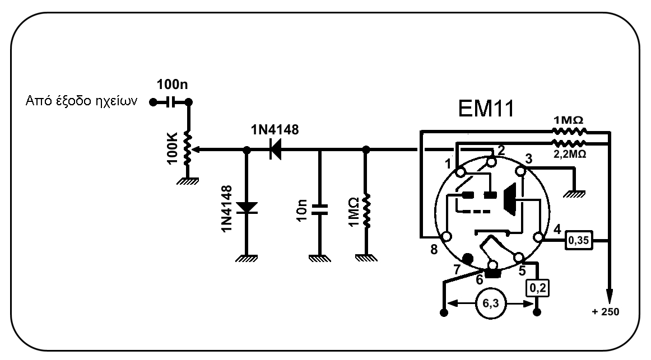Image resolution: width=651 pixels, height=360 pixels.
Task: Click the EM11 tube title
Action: pos(486,109)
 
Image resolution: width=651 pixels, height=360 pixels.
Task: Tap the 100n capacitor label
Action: pos(172,84)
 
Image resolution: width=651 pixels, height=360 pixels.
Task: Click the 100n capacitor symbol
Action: pos(170,102)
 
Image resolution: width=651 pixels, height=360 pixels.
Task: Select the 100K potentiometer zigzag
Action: pos(187,148)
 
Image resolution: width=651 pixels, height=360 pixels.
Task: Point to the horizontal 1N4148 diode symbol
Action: pos(275,149)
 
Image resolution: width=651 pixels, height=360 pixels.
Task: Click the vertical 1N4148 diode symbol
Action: pos(247,208)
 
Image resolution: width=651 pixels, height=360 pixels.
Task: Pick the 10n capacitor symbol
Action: pos(319,209)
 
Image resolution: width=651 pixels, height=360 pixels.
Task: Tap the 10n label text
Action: pos(302,210)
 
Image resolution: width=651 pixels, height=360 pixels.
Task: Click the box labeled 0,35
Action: pos(579,240)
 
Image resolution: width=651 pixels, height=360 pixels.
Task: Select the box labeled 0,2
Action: pos(538,288)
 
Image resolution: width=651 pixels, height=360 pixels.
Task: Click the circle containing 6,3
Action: pos(490,303)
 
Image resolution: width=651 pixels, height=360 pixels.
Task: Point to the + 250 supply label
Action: pos(605,311)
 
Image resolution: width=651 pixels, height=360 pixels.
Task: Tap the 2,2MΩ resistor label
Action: pos(570,154)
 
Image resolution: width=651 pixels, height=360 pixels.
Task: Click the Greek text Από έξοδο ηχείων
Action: pos(81,101)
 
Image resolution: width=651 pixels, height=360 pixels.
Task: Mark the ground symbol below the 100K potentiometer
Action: pos(187,181)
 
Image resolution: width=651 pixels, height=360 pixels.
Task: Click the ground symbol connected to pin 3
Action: pos(575,194)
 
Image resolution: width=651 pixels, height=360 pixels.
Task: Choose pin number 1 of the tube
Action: pos(448,164)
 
